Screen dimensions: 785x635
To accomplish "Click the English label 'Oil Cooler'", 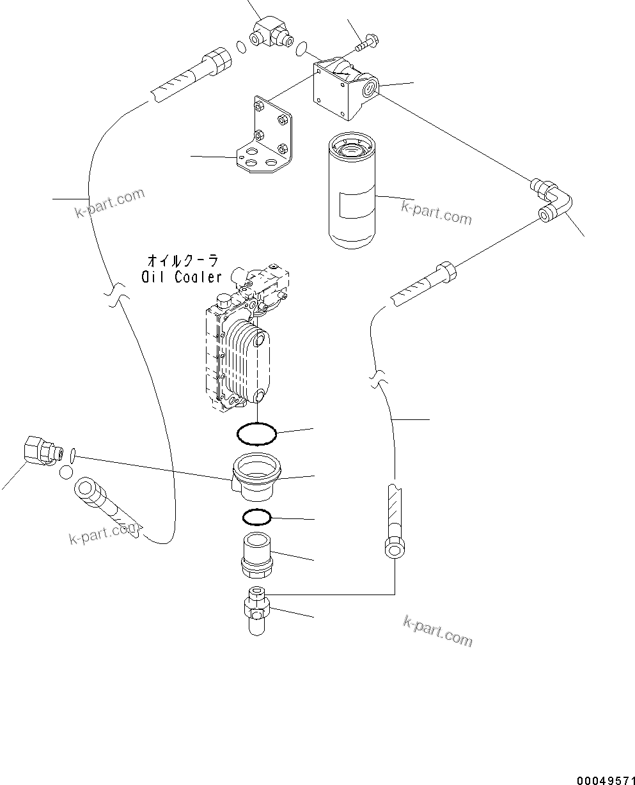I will tap(182, 276).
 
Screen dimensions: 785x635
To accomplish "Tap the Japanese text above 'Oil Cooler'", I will tap(182, 260).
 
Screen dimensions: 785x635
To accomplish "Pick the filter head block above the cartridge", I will tap(345, 88).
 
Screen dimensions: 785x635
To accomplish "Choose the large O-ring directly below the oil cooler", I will tap(256, 435).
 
